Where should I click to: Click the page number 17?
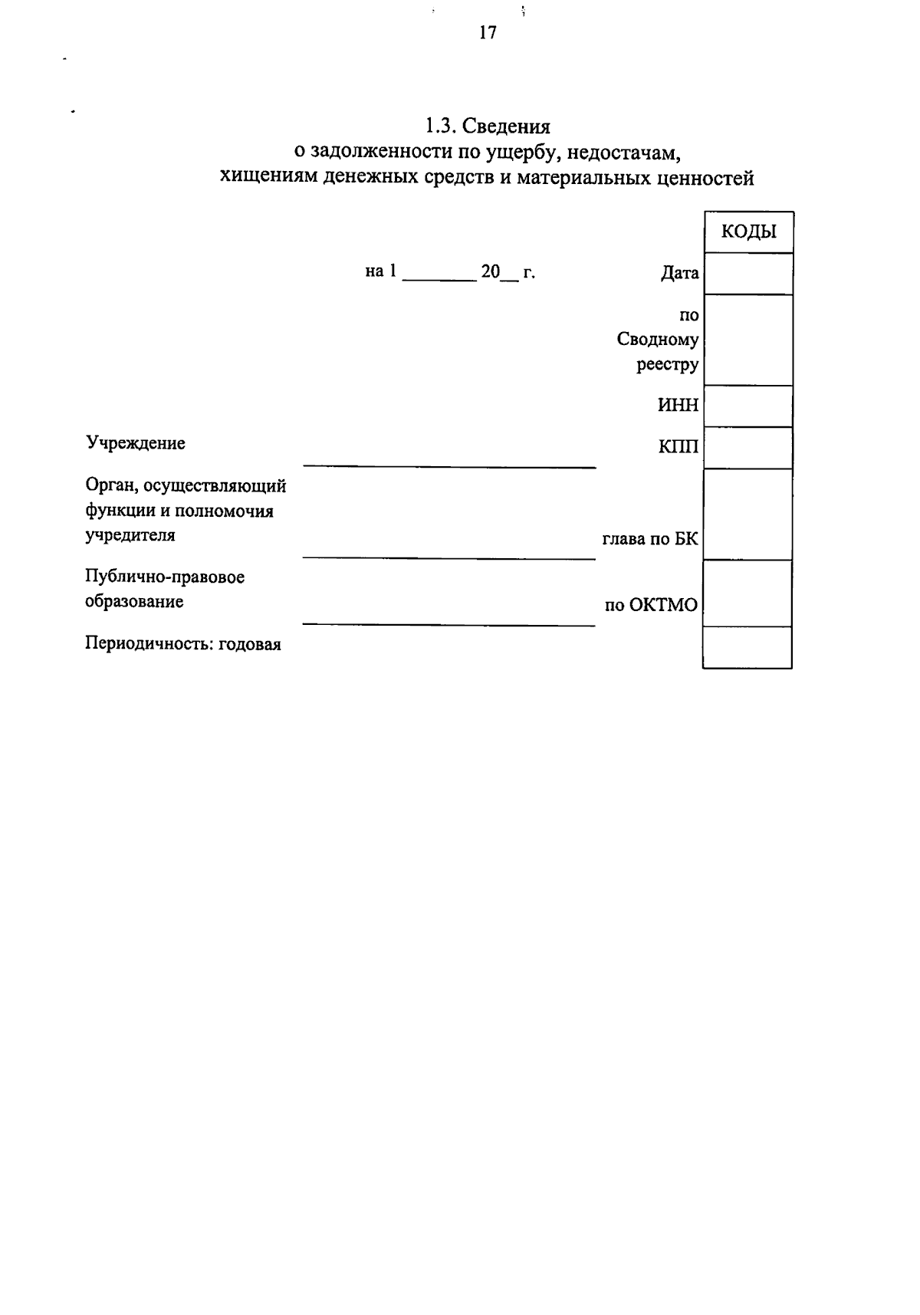click(488, 32)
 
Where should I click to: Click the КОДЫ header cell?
click(748, 232)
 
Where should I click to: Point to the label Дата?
click(679, 273)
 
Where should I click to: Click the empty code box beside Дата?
click(748, 274)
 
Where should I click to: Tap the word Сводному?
click(658, 340)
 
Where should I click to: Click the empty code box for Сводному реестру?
click(748, 340)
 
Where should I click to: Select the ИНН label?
click(678, 406)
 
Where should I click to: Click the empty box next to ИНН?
click(748, 406)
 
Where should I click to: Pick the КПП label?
click(678, 446)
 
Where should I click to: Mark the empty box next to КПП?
click(748, 448)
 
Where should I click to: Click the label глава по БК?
click(650, 539)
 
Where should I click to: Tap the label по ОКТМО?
click(651, 606)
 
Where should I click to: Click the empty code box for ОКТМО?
click(748, 593)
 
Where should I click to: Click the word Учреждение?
click(135, 443)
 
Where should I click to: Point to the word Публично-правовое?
click(165, 577)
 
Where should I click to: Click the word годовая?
click(250, 644)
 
